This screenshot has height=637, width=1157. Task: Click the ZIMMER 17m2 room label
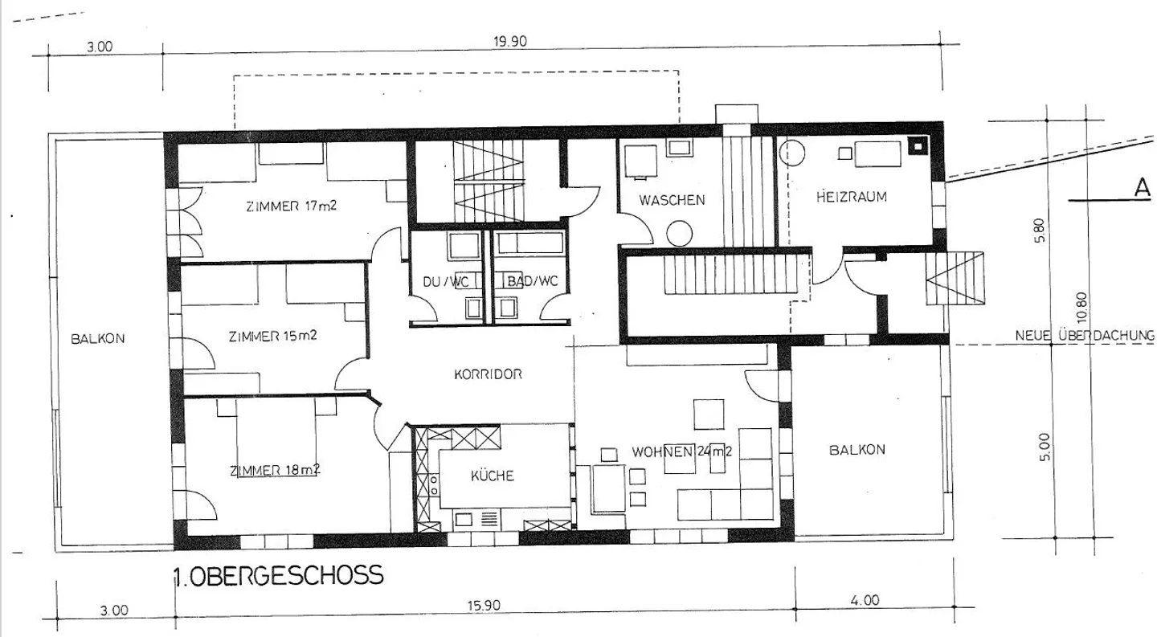click(x=292, y=206)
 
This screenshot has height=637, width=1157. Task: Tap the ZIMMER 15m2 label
click(x=272, y=337)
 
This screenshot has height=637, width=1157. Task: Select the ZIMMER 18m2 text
click(x=275, y=470)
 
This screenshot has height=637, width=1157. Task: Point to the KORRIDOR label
click(x=489, y=374)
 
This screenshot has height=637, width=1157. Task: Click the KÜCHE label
click(x=493, y=476)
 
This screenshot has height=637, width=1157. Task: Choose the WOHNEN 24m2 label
click(x=682, y=451)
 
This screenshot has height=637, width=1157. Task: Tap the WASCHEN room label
click(x=672, y=200)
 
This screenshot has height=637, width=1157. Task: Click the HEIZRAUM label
click(x=851, y=197)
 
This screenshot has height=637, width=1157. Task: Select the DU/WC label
click(x=446, y=282)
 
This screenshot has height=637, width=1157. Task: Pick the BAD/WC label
click(x=533, y=281)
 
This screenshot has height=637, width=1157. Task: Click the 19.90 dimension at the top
click(x=510, y=41)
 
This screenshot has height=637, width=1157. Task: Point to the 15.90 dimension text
click(x=484, y=605)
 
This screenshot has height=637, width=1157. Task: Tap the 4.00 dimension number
click(x=865, y=600)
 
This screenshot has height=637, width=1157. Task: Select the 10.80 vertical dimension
click(x=1082, y=307)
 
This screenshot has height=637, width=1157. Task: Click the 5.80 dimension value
click(x=1040, y=231)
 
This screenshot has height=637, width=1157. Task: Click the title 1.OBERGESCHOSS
click(x=279, y=575)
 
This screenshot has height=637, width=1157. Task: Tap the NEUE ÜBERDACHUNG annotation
click(x=1084, y=336)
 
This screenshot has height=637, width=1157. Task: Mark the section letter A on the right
click(x=1143, y=187)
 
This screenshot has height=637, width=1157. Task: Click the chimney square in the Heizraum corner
click(x=918, y=145)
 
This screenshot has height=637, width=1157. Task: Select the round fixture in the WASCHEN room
click(x=679, y=234)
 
